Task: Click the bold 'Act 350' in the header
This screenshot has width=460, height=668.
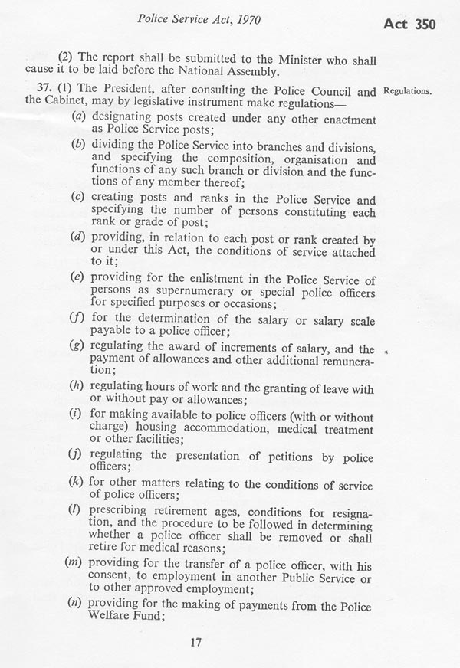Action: [409, 25]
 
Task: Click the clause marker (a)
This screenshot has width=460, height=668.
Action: [77, 121]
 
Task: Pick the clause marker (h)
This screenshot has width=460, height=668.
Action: [77, 389]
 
